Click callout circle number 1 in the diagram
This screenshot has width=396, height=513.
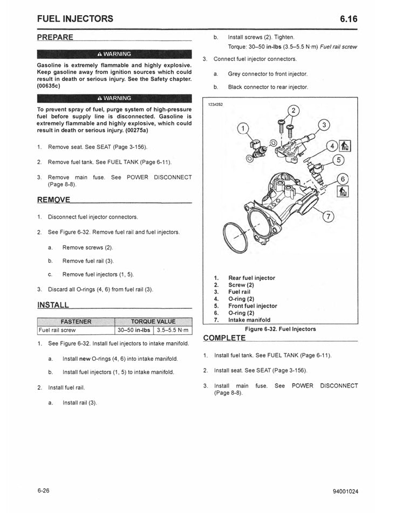pos(243,129)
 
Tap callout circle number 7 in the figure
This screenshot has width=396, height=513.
pos(327,217)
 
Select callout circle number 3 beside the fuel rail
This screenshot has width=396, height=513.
pos(323,125)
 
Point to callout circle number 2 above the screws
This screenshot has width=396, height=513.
pos(292,111)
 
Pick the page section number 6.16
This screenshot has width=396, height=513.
pos(349,19)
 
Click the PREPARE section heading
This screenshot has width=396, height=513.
pos(56,37)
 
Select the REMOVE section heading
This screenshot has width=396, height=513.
pos(54,200)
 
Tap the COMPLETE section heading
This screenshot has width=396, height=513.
pos(224,338)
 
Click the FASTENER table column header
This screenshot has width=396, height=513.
pos(76,322)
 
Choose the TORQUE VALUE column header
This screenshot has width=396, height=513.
pos(153,322)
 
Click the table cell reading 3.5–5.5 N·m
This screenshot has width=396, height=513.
pos(172,330)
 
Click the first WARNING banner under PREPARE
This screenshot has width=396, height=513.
pos(114,54)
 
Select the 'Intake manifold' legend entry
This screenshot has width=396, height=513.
pos(249,320)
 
